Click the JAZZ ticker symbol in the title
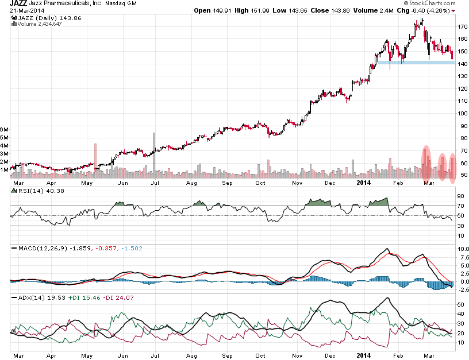[18, 3]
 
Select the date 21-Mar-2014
[26, 10]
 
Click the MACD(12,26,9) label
[37, 248]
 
